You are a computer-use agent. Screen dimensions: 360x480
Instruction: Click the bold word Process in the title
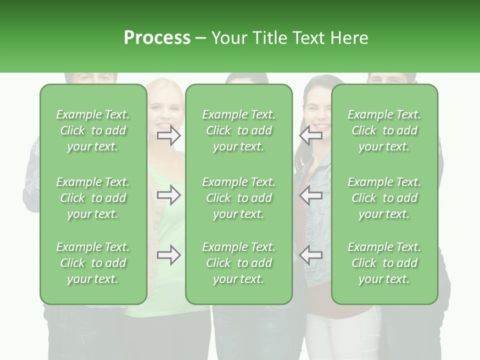click(157, 38)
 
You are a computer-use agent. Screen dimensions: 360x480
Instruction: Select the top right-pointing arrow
click(168, 135)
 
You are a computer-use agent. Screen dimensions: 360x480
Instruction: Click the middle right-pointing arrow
click(168, 195)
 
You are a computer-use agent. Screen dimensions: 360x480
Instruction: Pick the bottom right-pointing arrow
click(168, 255)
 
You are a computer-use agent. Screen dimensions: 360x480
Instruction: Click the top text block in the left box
click(93, 130)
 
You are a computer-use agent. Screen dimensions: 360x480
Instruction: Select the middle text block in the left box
click(93, 198)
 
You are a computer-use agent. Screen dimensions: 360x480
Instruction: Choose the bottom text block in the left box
click(93, 263)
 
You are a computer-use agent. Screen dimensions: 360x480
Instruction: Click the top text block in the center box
click(239, 130)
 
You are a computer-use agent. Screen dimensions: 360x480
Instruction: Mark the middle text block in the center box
click(239, 198)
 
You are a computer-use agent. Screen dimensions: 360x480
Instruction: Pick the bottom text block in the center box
click(239, 263)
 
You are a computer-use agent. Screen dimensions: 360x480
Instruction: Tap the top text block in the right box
click(384, 130)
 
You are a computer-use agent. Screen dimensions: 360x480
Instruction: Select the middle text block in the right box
click(384, 198)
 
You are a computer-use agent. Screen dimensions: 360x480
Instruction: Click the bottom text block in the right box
click(384, 263)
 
